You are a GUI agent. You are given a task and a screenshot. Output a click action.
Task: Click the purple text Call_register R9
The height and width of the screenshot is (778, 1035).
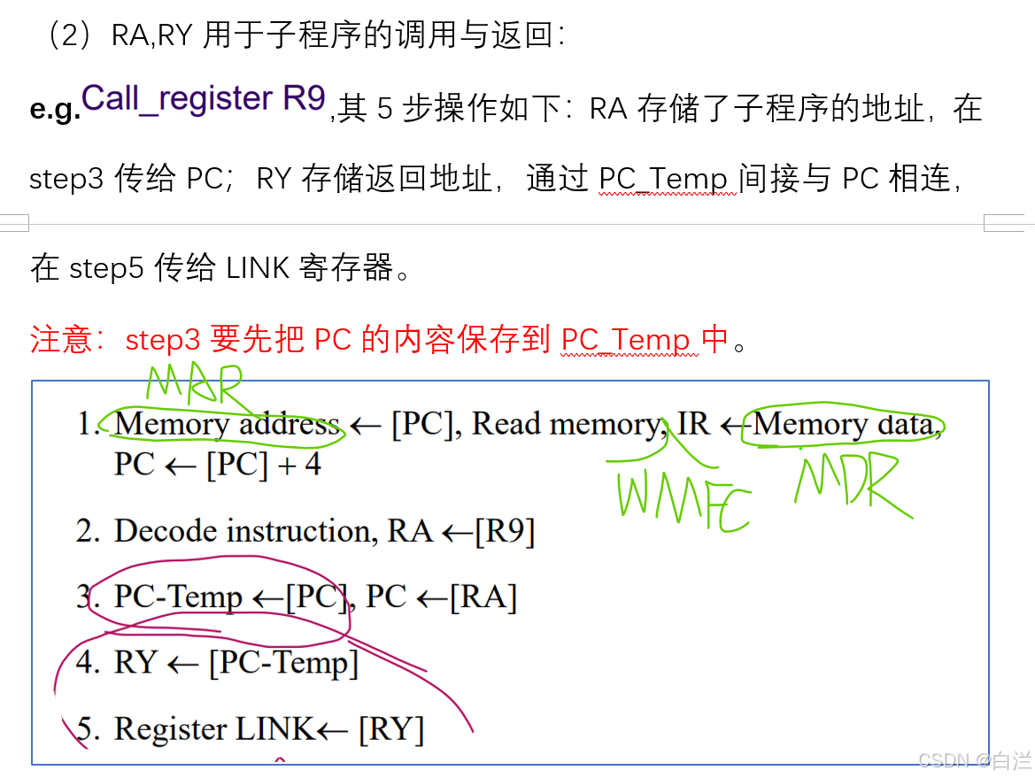204,98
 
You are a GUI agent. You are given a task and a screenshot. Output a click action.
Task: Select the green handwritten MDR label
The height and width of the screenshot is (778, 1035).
852,482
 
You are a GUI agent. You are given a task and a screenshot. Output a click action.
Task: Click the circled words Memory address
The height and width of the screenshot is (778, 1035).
227,425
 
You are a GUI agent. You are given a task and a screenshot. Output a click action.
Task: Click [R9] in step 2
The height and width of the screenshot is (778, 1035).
505,531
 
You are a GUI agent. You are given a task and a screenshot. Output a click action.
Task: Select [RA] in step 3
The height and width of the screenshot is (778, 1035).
483,597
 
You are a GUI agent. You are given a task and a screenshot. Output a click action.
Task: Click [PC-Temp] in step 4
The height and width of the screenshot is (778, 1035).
283,663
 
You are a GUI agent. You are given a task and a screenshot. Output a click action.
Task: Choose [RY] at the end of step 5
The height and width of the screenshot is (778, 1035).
390,729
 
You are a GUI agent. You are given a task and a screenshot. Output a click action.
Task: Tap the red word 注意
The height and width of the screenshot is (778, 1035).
61,340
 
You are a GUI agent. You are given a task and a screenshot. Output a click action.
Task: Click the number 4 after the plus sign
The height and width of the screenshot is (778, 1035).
312,465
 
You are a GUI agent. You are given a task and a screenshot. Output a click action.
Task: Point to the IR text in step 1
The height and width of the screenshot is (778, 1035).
694,425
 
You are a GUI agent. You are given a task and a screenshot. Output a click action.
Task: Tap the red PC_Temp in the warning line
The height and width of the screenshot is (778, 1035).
625,340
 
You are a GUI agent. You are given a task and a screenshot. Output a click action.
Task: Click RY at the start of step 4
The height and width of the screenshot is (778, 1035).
135,663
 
